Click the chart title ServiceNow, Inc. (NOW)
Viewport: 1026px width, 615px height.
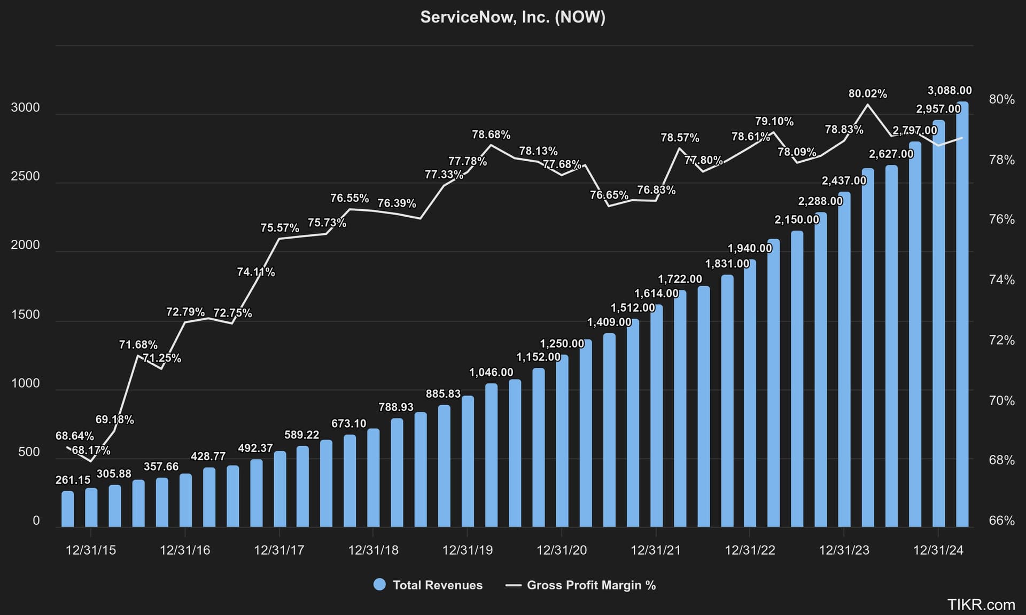[512, 17]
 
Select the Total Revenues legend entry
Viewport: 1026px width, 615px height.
[428, 585]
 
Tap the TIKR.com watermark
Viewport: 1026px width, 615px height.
[981, 605]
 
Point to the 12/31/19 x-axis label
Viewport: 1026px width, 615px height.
[467, 550]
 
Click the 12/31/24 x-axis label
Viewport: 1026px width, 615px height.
[938, 550]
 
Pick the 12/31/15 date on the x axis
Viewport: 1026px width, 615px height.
[90, 550]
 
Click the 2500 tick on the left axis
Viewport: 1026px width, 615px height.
[25, 176]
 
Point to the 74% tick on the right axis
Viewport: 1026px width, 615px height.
[1001, 280]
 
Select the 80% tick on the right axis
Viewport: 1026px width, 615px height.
[1001, 99]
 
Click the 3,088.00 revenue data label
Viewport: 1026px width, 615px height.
[950, 90]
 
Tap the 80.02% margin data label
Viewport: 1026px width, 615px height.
[867, 94]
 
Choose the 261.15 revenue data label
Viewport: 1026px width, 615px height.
[73, 480]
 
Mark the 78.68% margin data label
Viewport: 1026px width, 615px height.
[491, 135]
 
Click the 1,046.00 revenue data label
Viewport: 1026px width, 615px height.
[491, 373]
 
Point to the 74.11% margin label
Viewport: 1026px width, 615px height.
[255, 272]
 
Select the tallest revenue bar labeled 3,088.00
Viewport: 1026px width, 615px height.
[962, 315]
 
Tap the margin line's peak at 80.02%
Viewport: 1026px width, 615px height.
[868, 105]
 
